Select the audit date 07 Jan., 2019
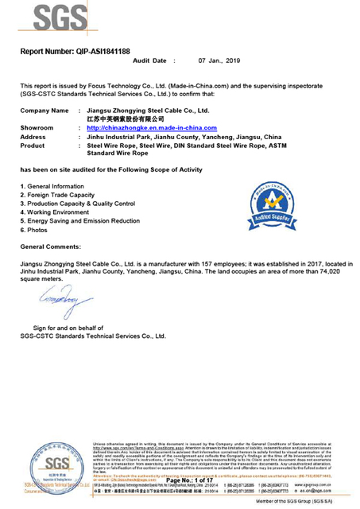[x=203, y=60]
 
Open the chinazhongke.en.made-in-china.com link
[x=151, y=127]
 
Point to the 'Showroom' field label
[x=37, y=127]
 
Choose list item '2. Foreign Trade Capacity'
[x=58, y=194]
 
